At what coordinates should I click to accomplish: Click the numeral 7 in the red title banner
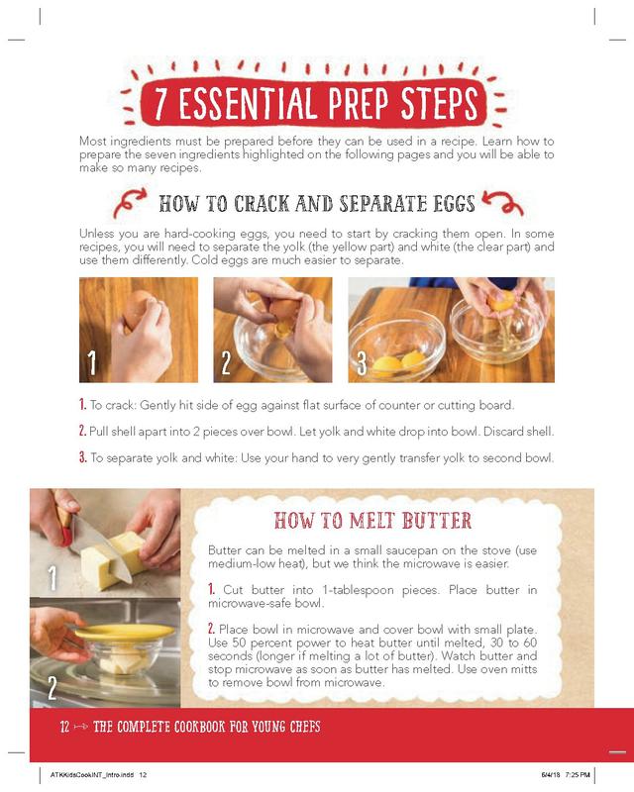(x=161, y=104)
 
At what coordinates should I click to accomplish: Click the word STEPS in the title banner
(x=439, y=103)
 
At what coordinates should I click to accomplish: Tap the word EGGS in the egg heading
(x=454, y=204)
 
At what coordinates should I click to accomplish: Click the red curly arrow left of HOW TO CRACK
(x=130, y=202)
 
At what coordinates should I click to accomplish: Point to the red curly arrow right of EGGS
(x=502, y=203)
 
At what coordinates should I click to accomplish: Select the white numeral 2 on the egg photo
(x=226, y=362)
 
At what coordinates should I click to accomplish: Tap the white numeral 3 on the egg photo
(x=362, y=362)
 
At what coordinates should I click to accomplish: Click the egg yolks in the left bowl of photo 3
(x=399, y=362)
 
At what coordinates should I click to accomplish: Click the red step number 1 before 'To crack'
(x=82, y=405)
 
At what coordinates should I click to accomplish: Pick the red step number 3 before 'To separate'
(x=83, y=457)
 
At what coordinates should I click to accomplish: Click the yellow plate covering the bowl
(x=125, y=632)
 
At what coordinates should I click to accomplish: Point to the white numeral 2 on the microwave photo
(x=53, y=687)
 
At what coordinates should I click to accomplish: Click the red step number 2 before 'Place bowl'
(x=211, y=629)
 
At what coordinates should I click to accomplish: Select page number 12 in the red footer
(x=64, y=727)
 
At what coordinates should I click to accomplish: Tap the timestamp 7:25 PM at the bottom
(x=578, y=774)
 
